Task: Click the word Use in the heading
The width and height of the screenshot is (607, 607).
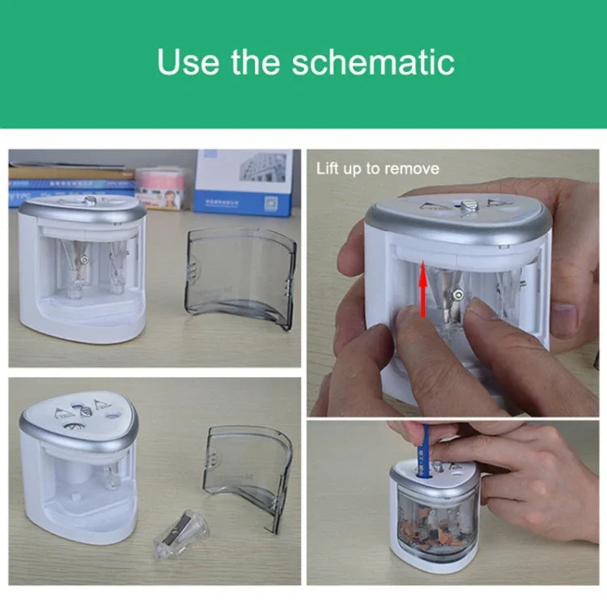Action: click(189, 62)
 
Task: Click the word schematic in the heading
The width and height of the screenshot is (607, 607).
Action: click(373, 62)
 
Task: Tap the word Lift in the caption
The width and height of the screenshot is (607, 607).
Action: click(326, 168)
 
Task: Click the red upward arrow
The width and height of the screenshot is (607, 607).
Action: click(423, 289)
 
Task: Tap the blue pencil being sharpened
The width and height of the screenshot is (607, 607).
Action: click(425, 451)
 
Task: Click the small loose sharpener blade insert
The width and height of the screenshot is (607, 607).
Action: click(180, 533)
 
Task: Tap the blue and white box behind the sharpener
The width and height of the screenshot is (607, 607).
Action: click(244, 183)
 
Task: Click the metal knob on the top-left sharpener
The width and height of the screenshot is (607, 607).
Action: click(90, 202)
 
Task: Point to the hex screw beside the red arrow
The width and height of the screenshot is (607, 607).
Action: click(459, 295)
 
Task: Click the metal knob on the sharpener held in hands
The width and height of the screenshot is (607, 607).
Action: click(469, 205)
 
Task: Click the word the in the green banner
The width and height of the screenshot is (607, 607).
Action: click(256, 62)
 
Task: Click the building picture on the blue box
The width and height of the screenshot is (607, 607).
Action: click(262, 167)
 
